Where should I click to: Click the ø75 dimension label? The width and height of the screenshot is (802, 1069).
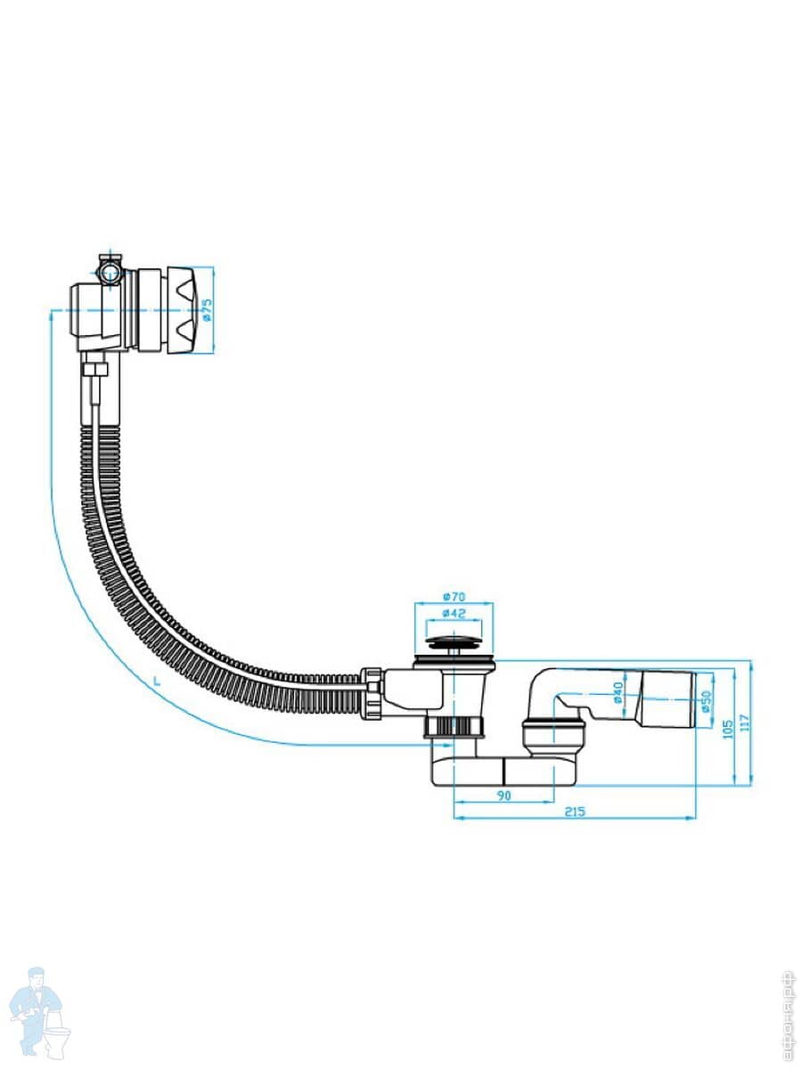coord(206,310)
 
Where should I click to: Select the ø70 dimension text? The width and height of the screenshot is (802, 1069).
coord(454,597)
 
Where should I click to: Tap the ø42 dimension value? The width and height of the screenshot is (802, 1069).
coord(454,614)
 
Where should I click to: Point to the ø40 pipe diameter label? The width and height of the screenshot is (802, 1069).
coord(617,692)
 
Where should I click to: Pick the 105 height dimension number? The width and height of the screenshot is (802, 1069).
coord(728,728)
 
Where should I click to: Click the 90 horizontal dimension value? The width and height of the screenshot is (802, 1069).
coord(503,796)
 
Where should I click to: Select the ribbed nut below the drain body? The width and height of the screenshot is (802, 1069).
coord(456,727)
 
